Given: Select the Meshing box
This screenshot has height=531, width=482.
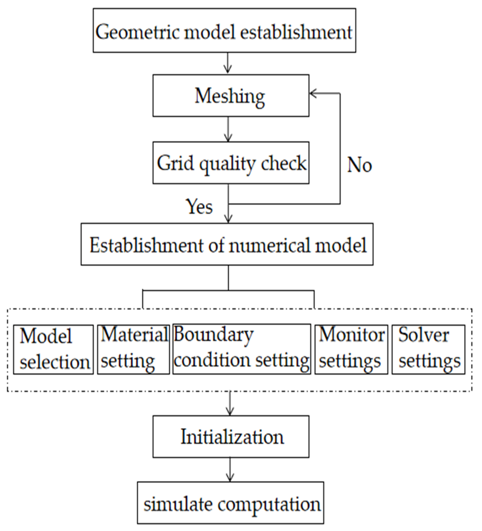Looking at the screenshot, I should point(231,96).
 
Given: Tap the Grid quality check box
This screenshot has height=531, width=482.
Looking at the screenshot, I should point(231,163).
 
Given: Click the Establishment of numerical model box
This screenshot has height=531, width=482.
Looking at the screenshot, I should point(227,244).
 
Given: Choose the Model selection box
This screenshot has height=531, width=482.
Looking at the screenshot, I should point(53,350).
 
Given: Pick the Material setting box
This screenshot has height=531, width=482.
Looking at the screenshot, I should point(133,350).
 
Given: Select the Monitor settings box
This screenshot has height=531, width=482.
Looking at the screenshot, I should point(351,350).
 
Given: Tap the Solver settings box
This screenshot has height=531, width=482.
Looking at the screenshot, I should point(428,350).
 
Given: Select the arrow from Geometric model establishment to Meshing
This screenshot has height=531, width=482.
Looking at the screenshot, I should point(228,63).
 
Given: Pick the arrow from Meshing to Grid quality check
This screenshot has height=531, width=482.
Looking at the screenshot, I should point(228,129).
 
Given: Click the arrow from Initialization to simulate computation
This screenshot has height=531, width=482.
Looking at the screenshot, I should point(230,470).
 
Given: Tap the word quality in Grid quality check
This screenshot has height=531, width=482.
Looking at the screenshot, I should point(227,164).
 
